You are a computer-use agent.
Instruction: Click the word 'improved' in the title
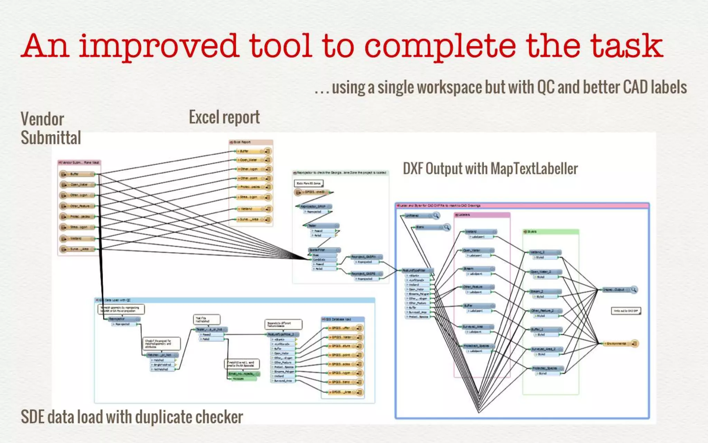pos(159,47)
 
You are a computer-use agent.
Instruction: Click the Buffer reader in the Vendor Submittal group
pos(77,174)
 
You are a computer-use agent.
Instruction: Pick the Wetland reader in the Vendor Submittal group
pos(77,238)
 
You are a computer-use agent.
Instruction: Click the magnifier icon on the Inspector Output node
pos(634,289)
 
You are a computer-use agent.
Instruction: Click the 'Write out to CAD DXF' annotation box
pos(626,311)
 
